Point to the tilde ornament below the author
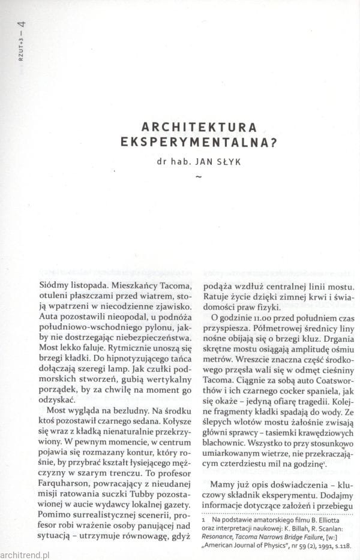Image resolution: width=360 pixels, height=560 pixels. point(197,176)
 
